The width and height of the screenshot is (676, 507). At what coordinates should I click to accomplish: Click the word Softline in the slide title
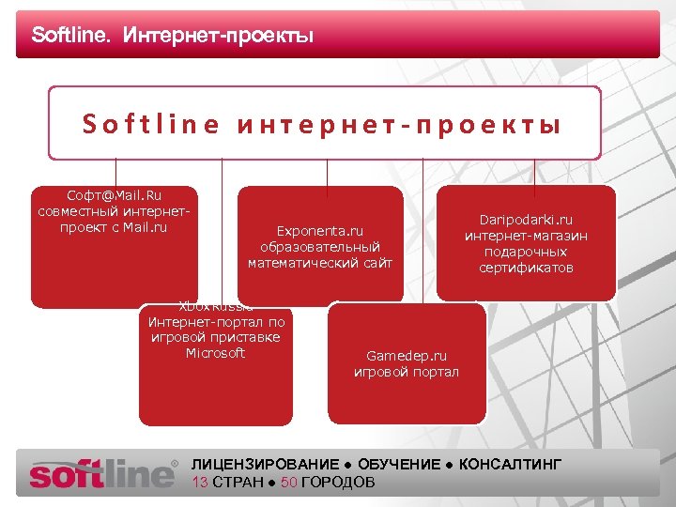69,37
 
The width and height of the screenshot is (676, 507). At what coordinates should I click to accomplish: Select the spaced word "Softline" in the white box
150,124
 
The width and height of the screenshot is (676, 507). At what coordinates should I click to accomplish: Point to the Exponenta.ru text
319,230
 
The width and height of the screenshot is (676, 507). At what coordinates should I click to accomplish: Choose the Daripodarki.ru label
526,220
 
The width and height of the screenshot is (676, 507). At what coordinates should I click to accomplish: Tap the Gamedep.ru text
407,356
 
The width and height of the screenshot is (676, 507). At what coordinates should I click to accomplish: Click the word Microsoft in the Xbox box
215,353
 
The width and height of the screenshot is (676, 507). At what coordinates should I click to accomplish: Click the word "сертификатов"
526,268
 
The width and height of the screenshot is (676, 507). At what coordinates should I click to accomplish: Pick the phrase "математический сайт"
319,263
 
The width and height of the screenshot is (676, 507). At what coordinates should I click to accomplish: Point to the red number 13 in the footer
200,482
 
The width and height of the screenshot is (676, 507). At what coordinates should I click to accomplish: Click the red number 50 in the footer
289,482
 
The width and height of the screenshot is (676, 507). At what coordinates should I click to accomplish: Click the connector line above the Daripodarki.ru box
534,172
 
